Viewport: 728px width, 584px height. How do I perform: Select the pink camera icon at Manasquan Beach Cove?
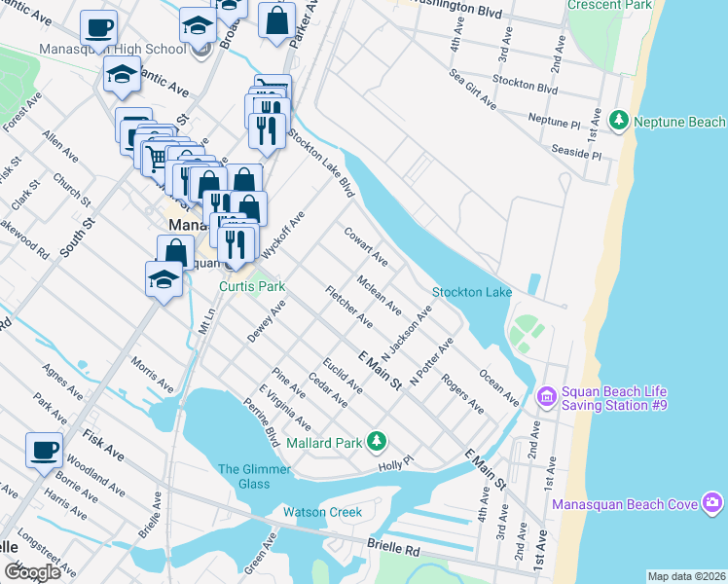[x=712, y=502]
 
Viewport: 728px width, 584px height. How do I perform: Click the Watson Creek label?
[x=322, y=512]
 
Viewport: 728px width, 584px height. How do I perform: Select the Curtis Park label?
[x=251, y=287]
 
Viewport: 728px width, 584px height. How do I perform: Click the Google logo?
[x=32, y=572]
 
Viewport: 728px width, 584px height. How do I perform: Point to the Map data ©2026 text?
[x=686, y=576]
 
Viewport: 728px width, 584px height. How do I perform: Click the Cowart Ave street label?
[x=366, y=246]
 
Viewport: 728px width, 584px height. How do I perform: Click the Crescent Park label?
[x=623, y=5]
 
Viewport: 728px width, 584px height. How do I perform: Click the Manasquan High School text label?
[x=113, y=50]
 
